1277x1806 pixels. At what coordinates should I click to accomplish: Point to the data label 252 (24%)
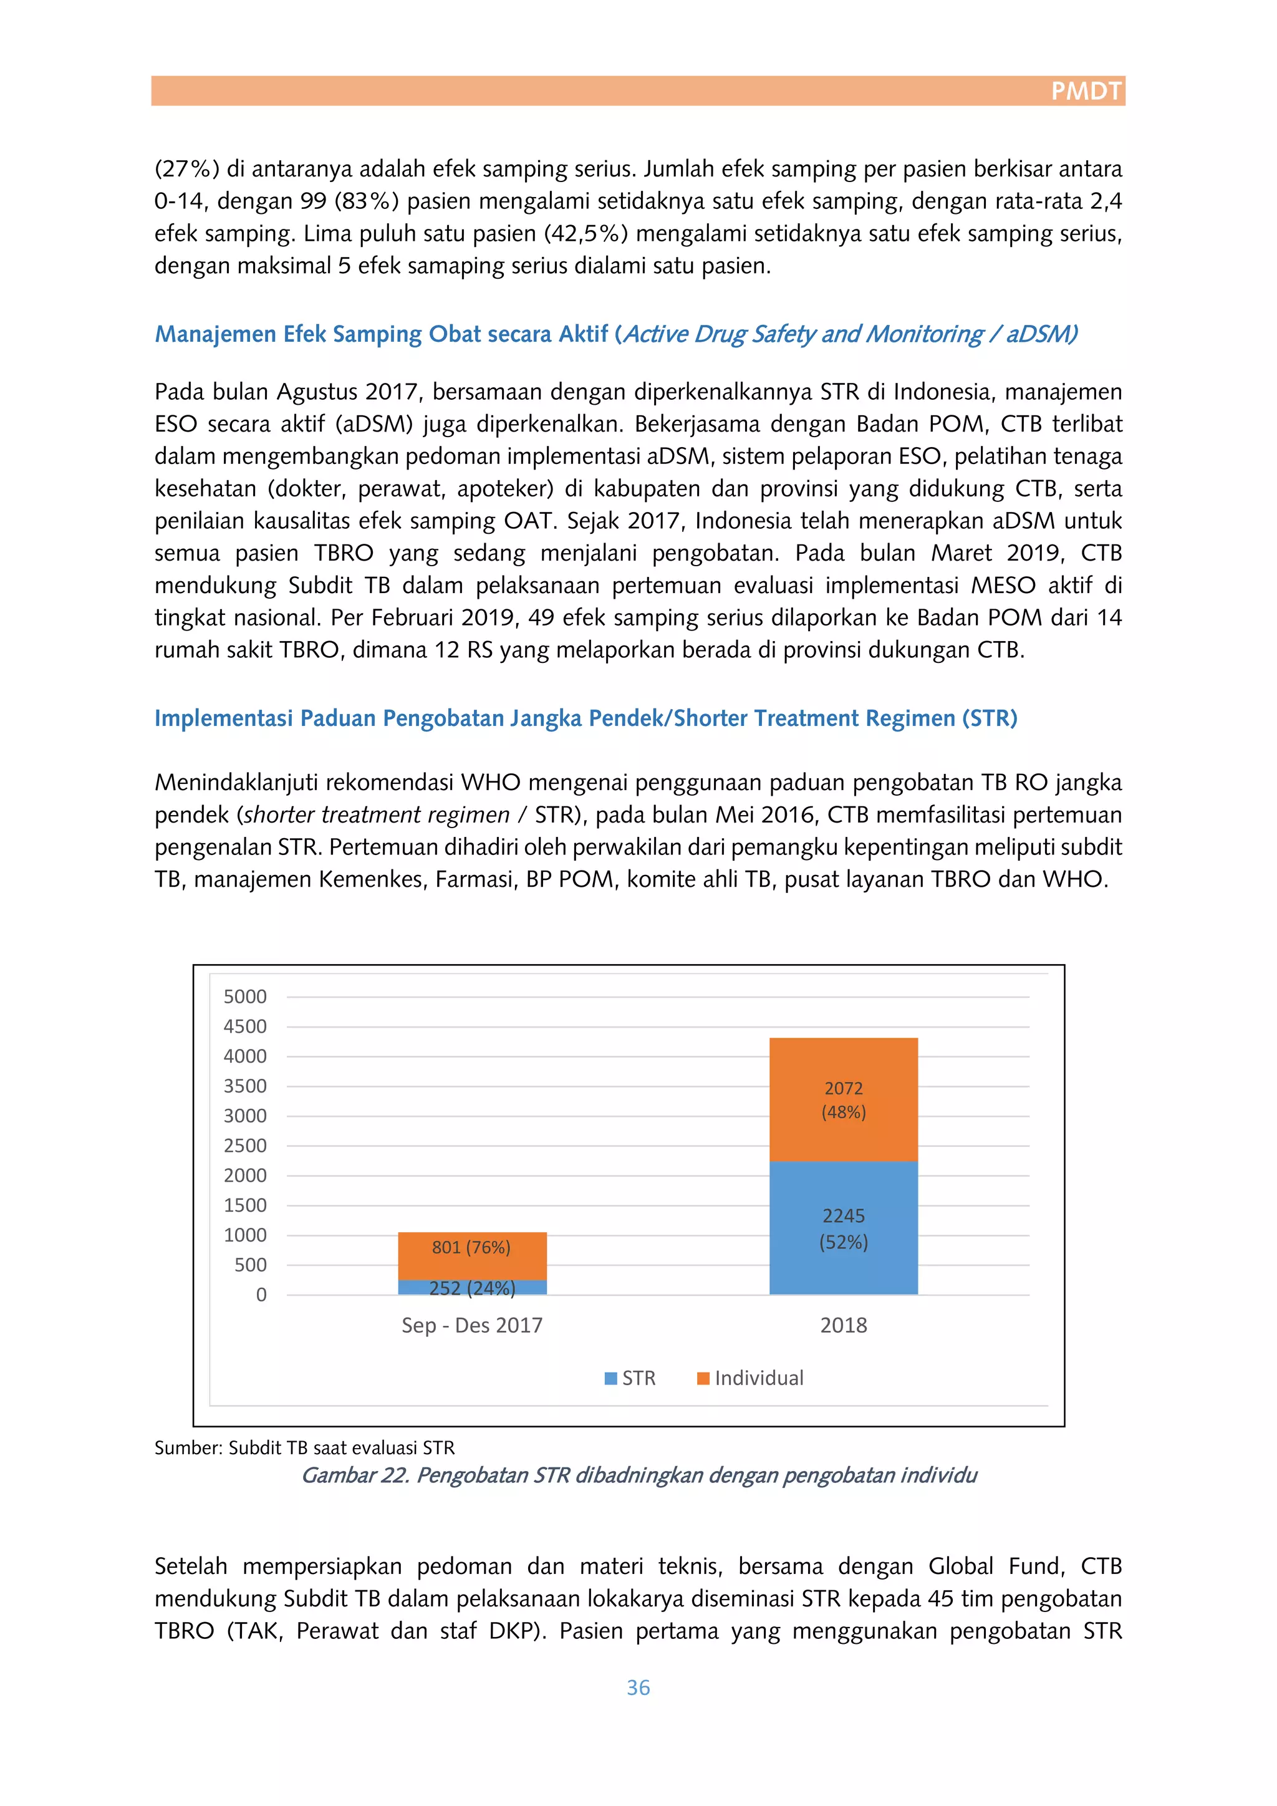tap(472, 1288)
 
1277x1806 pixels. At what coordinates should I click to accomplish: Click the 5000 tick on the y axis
tap(244, 997)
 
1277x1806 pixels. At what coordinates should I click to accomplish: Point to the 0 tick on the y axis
tap(261, 1295)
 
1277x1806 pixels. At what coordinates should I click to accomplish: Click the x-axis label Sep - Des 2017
tap(472, 1325)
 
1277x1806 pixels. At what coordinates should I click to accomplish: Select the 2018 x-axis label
tap(843, 1325)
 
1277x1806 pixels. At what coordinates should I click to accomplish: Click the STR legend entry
tap(630, 1378)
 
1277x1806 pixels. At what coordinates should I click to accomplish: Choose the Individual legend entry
tap(751, 1378)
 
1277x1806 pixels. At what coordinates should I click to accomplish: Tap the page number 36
tap(638, 1688)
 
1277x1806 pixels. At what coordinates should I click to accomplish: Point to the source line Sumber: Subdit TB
tap(304, 1448)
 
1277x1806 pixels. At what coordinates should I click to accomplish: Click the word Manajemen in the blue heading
tap(214, 334)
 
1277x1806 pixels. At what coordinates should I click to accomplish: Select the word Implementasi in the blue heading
tap(223, 718)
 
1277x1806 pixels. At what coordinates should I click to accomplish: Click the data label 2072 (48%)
tap(843, 1099)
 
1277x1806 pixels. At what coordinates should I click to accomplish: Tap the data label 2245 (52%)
tap(843, 1229)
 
